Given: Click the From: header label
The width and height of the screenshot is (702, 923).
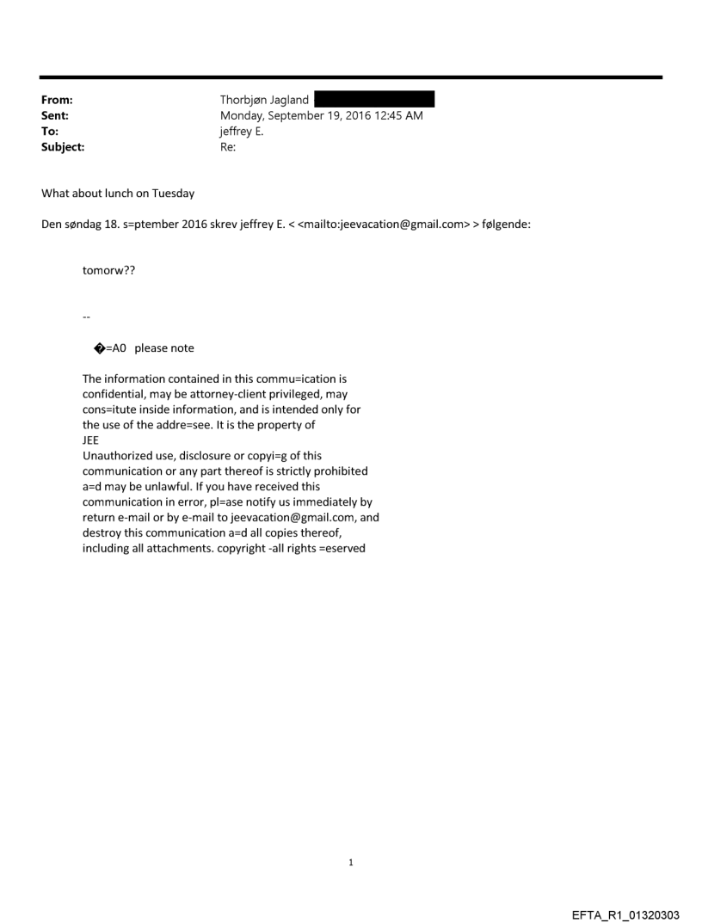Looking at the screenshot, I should pos(57,100).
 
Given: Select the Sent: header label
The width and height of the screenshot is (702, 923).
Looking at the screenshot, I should pos(55,115).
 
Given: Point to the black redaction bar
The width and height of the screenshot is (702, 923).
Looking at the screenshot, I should pos(374,100).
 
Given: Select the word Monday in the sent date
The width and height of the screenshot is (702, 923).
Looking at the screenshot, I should pos(243,115).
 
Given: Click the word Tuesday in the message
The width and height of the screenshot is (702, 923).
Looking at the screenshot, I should pos(175,194).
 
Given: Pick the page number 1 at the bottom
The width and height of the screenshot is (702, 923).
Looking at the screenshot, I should pos(351,862).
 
